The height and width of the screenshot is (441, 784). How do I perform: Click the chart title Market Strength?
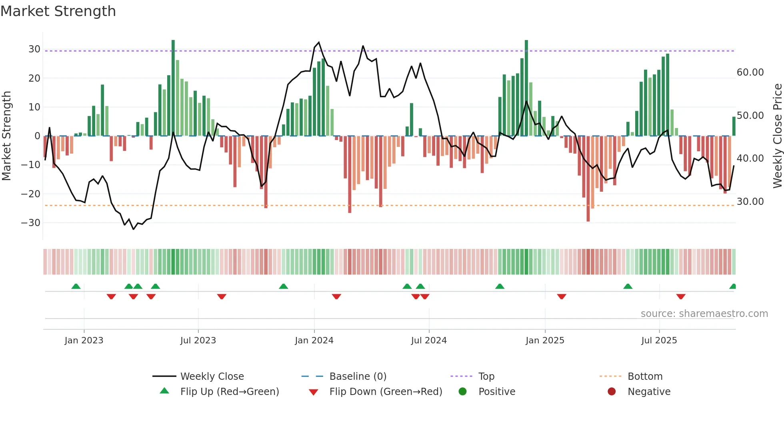pyautogui.click(x=58, y=11)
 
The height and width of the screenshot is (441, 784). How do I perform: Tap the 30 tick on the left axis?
pyautogui.click(x=34, y=49)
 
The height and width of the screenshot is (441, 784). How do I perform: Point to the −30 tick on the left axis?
pyautogui.click(x=31, y=223)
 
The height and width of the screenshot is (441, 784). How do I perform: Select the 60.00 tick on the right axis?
pyautogui.click(x=750, y=72)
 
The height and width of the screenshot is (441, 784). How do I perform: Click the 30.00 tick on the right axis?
pyautogui.click(x=750, y=202)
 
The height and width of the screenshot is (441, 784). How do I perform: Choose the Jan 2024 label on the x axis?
pyautogui.click(x=314, y=341)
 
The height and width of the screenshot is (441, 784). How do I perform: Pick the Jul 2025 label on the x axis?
pyautogui.click(x=659, y=341)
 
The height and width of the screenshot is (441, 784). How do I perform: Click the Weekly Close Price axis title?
pyautogui.click(x=777, y=136)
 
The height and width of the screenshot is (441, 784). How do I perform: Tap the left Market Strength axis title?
pyautogui.click(x=6, y=136)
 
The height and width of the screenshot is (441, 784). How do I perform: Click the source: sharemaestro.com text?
pyautogui.click(x=704, y=314)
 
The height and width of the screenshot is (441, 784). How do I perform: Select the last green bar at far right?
pyautogui.click(x=734, y=126)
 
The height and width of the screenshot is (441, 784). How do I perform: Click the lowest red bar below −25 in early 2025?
pyautogui.click(x=588, y=180)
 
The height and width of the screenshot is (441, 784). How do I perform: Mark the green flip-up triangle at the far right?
pyautogui.click(x=733, y=287)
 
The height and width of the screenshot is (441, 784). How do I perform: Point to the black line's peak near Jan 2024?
pyautogui.click(x=319, y=42)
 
